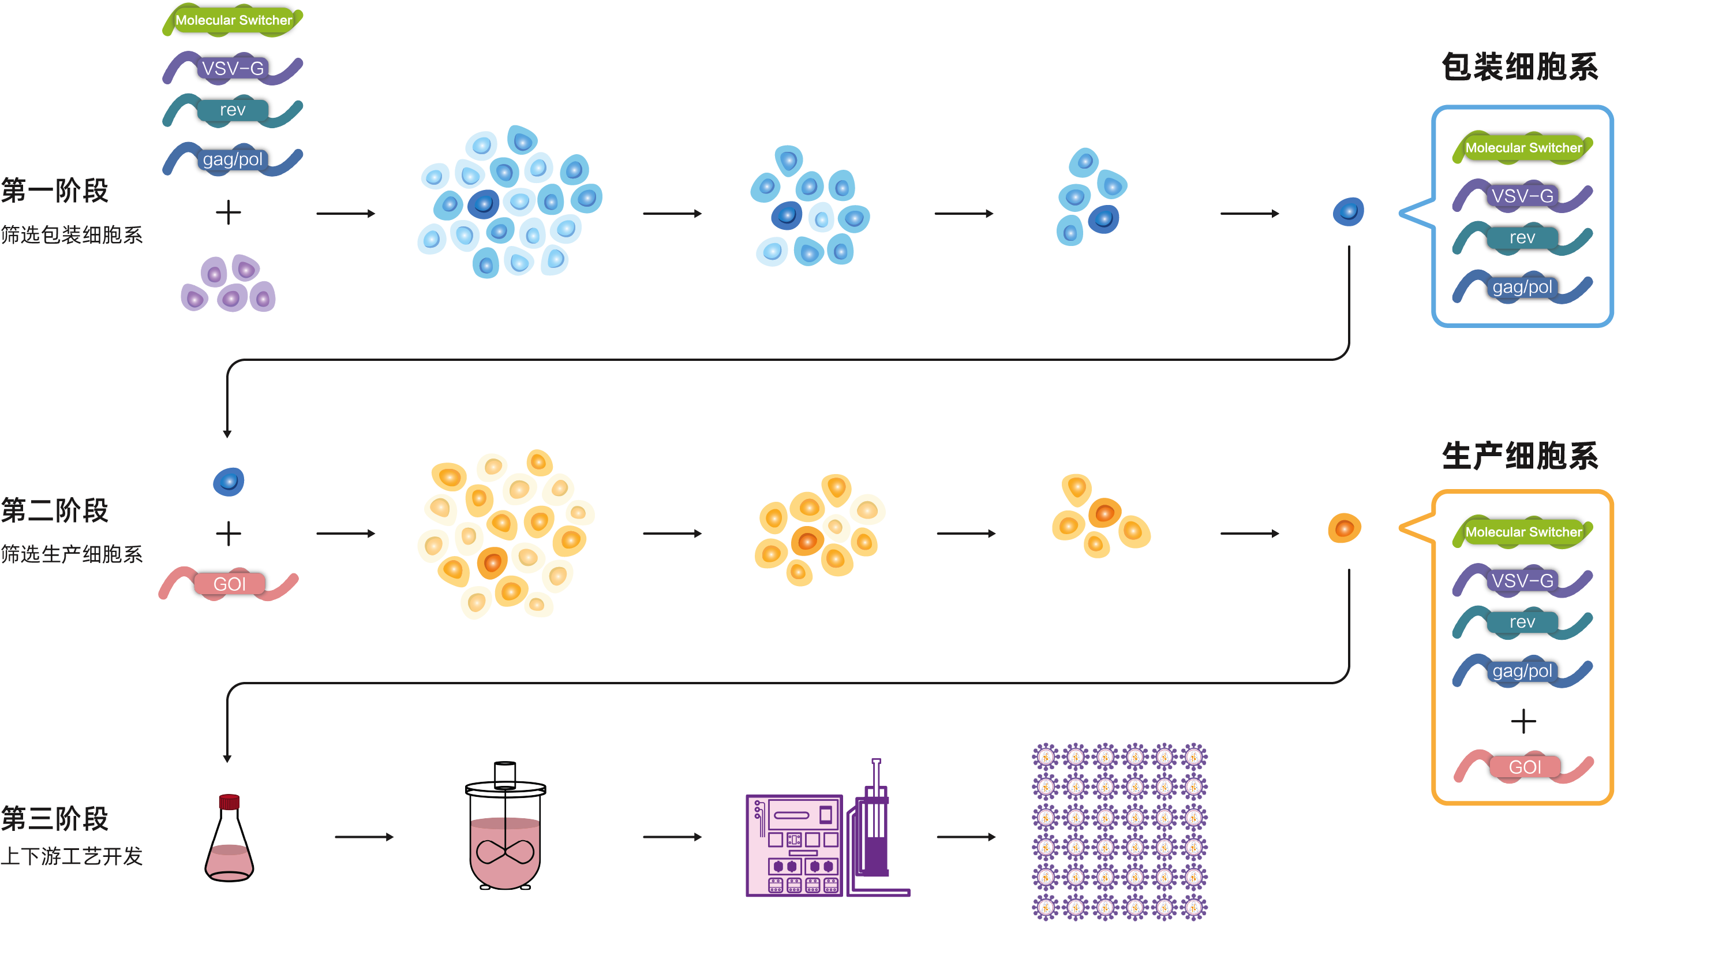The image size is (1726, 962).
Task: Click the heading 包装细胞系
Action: pyautogui.click(x=1519, y=67)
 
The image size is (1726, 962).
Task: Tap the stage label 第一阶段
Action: pyautogui.click(x=55, y=191)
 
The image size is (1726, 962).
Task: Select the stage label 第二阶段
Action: pyautogui.click(x=55, y=510)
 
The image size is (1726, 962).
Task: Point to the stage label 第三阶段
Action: pyautogui.click(x=55, y=819)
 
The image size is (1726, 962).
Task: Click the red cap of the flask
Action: pyautogui.click(x=229, y=802)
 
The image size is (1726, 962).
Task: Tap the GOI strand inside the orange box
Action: pyautogui.click(x=1523, y=767)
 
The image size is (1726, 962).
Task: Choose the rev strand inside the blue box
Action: pyautogui.click(x=1522, y=238)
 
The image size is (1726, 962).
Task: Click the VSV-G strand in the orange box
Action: pyautogui.click(x=1522, y=580)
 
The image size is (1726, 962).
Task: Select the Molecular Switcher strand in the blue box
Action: pyautogui.click(x=1522, y=147)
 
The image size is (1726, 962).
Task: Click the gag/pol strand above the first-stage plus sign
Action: pyautogui.click(x=233, y=159)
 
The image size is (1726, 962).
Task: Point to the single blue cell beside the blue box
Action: pyautogui.click(x=1348, y=212)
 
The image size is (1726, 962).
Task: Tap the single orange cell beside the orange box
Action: pyautogui.click(x=1344, y=528)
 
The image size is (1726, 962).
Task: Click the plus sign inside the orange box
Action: pyautogui.click(x=1523, y=721)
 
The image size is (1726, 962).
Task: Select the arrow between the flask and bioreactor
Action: pyautogui.click(x=364, y=837)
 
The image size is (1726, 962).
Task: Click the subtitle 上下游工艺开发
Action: pyautogui.click(x=72, y=856)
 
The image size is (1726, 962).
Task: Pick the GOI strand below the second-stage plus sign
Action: pyautogui.click(x=229, y=584)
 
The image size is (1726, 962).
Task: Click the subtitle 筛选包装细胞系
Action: pyautogui.click(x=72, y=234)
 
